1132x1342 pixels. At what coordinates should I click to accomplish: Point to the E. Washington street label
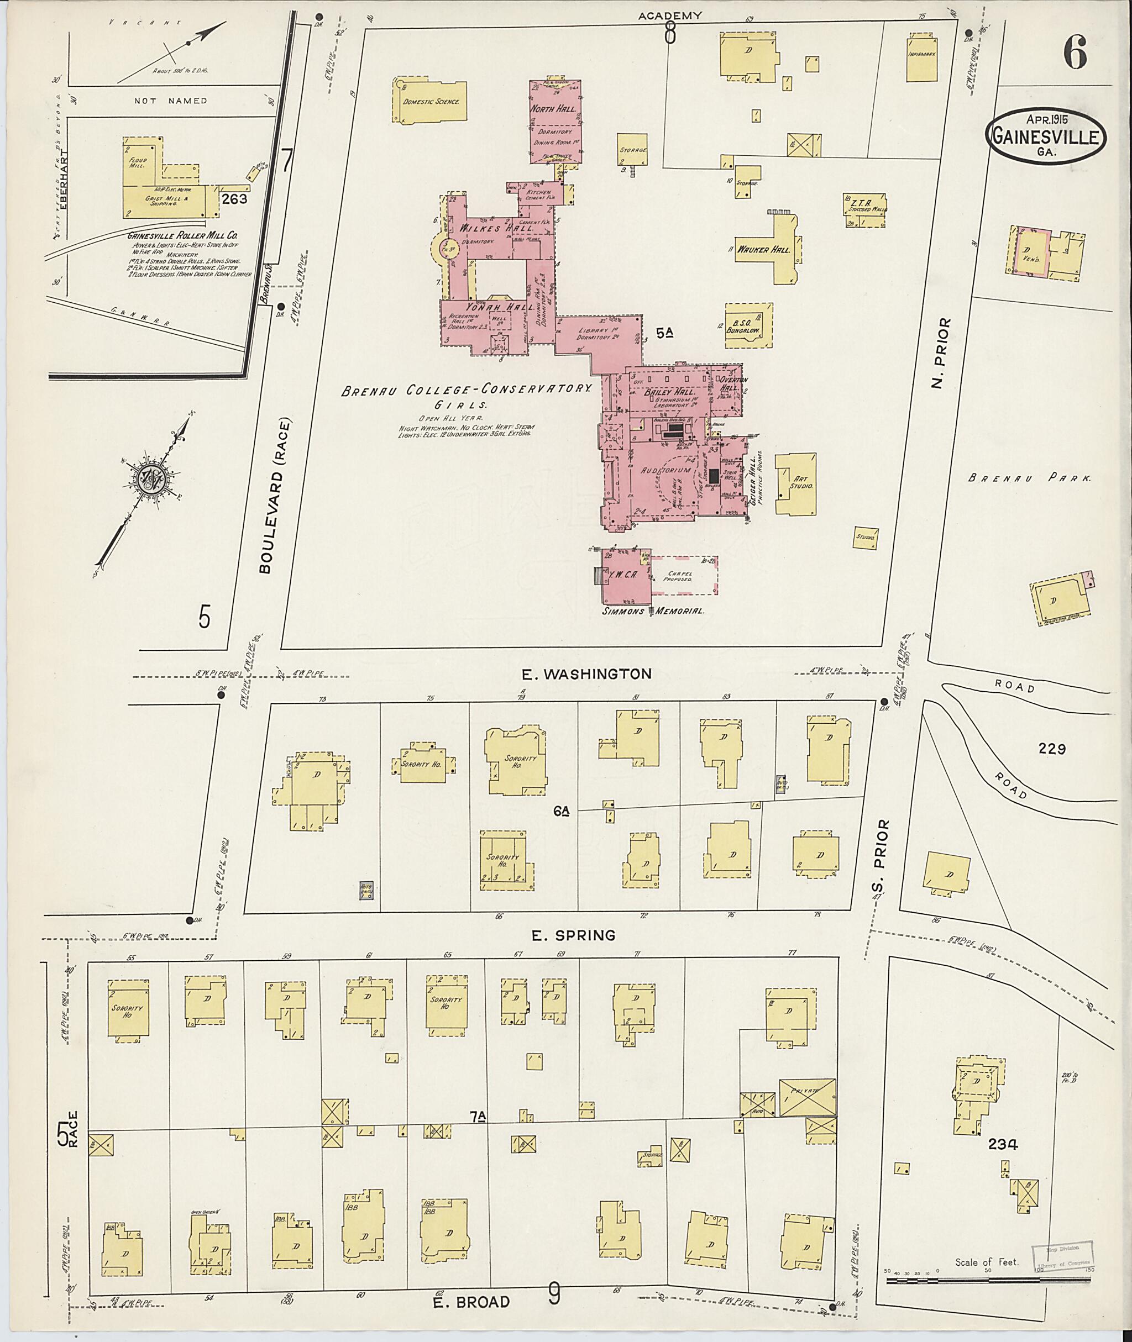[586, 673]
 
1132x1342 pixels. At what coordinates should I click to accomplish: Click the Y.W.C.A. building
[626, 575]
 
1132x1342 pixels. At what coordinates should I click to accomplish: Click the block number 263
[234, 199]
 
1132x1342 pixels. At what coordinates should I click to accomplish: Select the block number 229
[1052, 748]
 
